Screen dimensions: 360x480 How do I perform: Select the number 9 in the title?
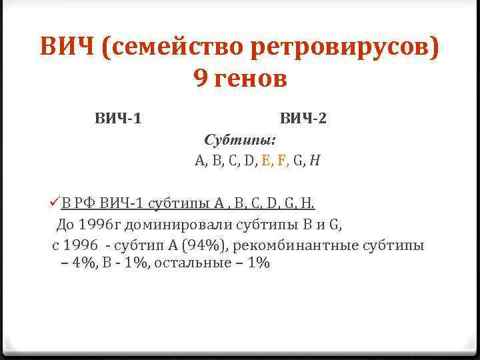[x=201, y=79]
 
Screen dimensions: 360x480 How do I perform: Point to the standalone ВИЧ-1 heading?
[x=117, y=119]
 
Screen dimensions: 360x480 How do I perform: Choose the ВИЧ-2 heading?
[x=303, y=119]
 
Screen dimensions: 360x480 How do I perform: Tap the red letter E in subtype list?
[x=267, y=161]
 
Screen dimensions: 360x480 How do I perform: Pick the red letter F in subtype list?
[x=282, y=161]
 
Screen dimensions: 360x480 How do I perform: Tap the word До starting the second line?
[x=68, y=224]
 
